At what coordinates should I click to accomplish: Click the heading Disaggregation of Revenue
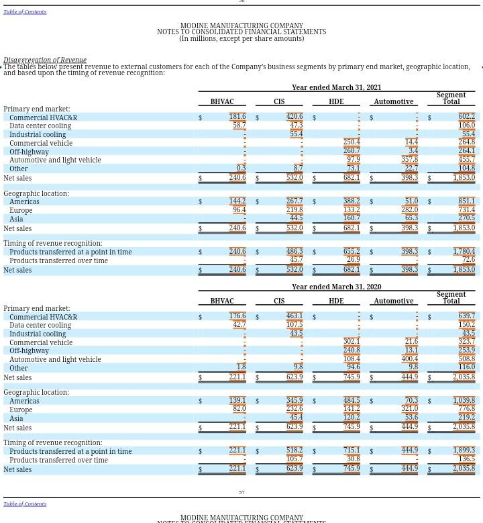[44, 60]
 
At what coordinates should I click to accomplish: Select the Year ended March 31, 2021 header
[336, 87]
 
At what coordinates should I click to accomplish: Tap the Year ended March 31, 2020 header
[336, 287]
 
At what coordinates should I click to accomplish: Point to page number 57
[241, 492]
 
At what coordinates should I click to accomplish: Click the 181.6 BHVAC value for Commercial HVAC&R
[237, 117]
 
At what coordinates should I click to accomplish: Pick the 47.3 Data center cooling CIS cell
[296, 126]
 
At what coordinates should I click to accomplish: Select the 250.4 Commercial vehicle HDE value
[351, 142]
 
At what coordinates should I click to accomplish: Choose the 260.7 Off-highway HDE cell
[351, 151]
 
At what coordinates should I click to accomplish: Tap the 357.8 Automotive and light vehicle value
[409, 160]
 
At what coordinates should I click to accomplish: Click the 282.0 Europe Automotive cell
[409, 210]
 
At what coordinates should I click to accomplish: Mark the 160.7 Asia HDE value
[351, 218]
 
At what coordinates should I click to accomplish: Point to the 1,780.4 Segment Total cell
[464, 252]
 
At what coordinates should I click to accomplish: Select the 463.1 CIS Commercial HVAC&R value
[294, 316]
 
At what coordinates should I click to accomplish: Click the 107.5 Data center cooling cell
[294, 325]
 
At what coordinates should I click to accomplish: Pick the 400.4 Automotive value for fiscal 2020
[409, 359]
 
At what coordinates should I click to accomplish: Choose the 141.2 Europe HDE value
[351, 409]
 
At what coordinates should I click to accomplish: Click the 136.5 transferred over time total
[466, 460]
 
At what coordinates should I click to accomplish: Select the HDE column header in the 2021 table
[335, 102]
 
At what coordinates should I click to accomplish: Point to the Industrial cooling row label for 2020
[38, 334]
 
